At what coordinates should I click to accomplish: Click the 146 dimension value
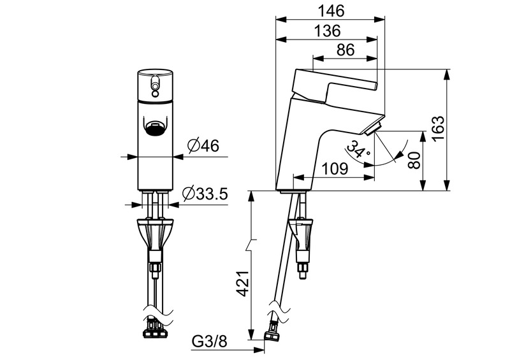330,11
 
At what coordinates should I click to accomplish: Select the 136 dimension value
327,31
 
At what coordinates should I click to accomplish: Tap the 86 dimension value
345,50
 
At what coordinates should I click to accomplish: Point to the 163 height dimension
437,129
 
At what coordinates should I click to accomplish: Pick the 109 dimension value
334,169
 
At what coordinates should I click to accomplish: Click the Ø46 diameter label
203,146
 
